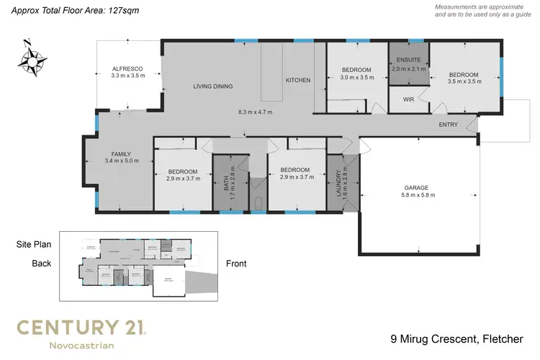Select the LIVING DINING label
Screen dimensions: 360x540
212,86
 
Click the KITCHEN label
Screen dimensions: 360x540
298,80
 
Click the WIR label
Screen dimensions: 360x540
408,99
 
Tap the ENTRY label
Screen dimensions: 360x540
449,125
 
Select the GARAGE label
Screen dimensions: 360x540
417,187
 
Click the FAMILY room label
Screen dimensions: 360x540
120,153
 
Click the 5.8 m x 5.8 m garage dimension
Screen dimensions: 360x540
417,195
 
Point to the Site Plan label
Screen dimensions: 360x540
33,245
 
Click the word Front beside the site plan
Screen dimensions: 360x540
235,264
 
